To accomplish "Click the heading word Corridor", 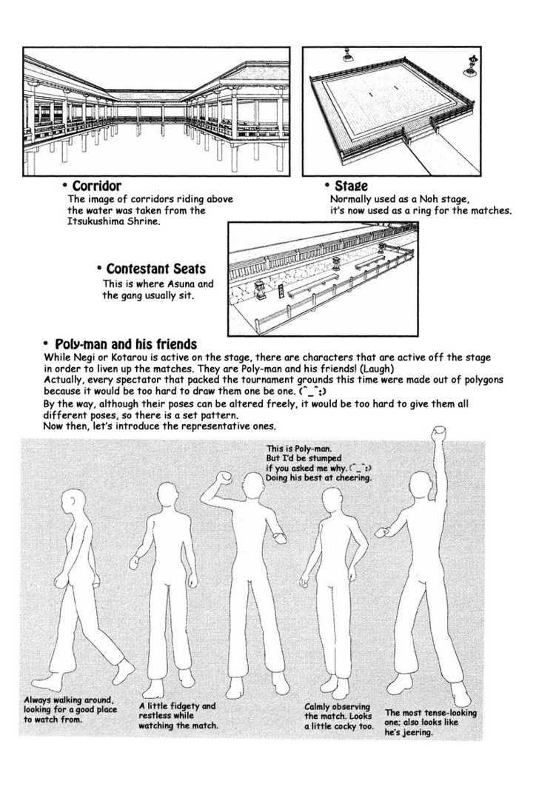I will (x=96, y=186).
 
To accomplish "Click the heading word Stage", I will (x=351, y=186).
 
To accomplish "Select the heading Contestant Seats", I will (x=155, y=268).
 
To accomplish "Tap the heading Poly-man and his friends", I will (x=125, y=344).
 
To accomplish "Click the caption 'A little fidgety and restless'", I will (x=178, y=715).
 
